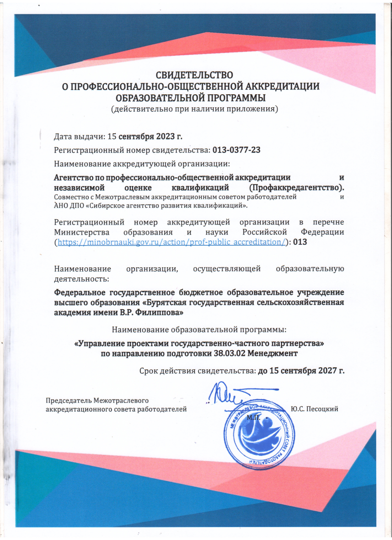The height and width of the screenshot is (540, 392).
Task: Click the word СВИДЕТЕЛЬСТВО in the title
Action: point(195,75)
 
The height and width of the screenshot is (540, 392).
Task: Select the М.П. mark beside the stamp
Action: point(253,417)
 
